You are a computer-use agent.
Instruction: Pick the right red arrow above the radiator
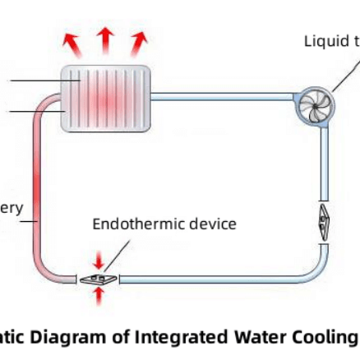click(x=137, y=43)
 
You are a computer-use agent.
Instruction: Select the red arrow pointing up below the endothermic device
click(x=99, y=296)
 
